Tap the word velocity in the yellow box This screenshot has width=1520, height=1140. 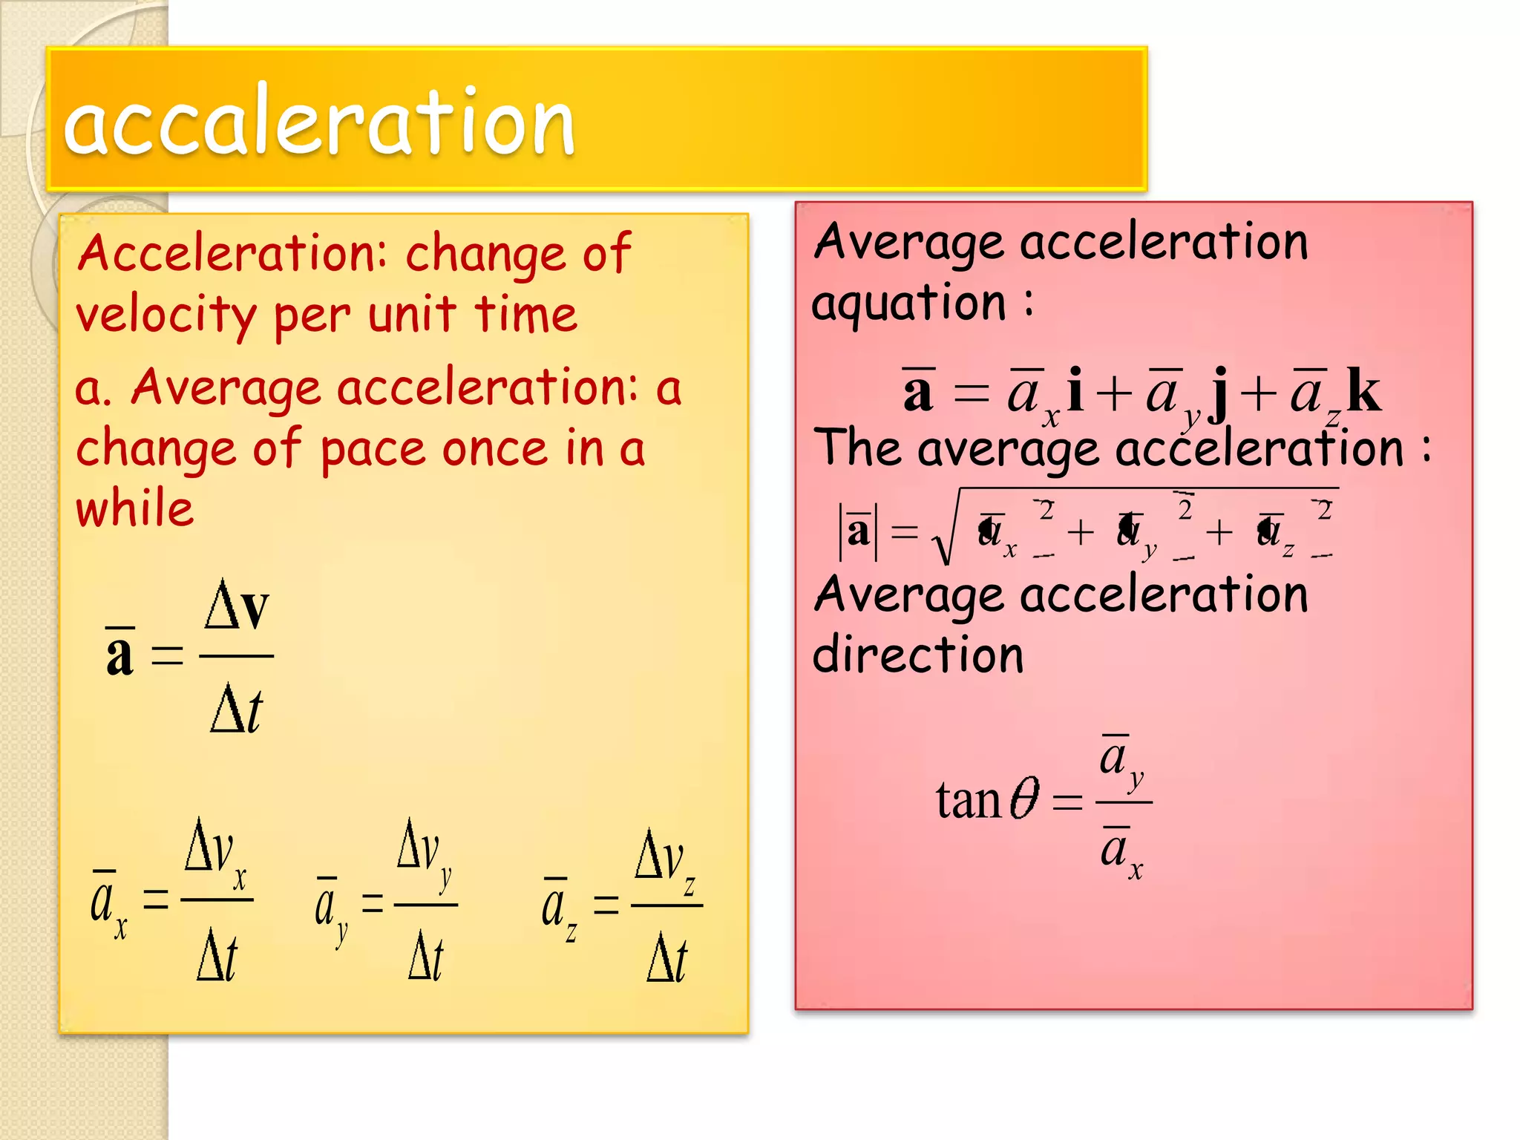coord(166,315)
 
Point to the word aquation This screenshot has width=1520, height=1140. coord(908,304)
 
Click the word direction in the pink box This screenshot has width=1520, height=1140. coord(918,655)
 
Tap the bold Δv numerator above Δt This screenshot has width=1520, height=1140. coord(237,606)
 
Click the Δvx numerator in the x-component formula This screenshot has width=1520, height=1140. coord(215,854)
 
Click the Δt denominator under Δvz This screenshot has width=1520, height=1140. coord(666,960)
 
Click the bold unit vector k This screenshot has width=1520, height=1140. coord(1363,390)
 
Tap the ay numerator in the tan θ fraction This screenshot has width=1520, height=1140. coord(1121,761)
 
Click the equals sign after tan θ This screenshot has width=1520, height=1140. coord(1067,802)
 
